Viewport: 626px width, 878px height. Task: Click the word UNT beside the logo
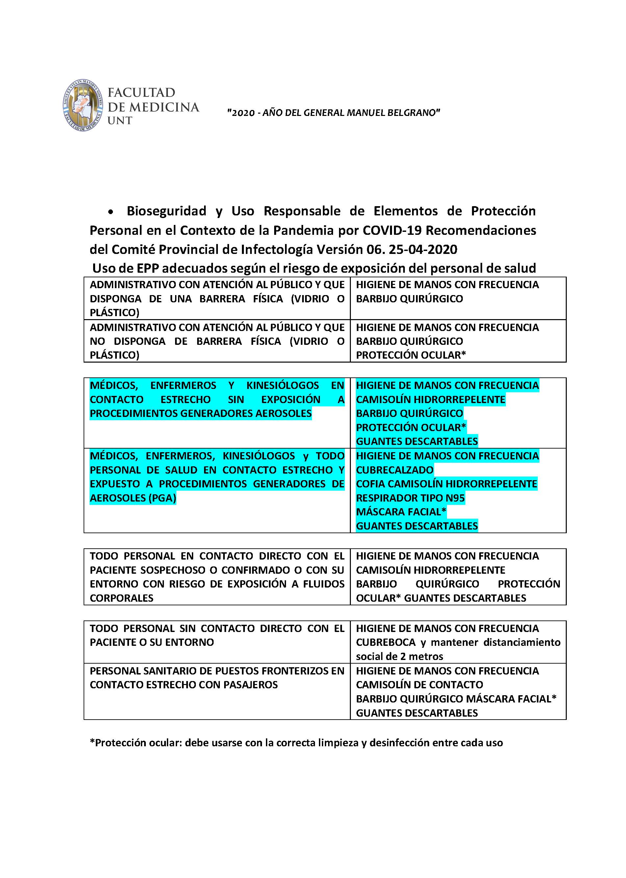(x=120, y=121)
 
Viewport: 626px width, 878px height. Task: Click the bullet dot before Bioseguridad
(x=111, y=212)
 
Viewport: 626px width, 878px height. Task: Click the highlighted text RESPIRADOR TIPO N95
(x=410, y=498)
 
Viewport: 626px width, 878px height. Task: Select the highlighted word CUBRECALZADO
(x=395, y=470)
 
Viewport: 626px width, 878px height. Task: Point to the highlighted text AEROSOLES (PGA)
(x=133, y=498)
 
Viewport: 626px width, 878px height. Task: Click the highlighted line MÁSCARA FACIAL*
(x=401, y=512)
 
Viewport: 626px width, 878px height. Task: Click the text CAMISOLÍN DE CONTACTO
(x=419, y=684)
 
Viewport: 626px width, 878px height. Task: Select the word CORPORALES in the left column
(x=121, y=598)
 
